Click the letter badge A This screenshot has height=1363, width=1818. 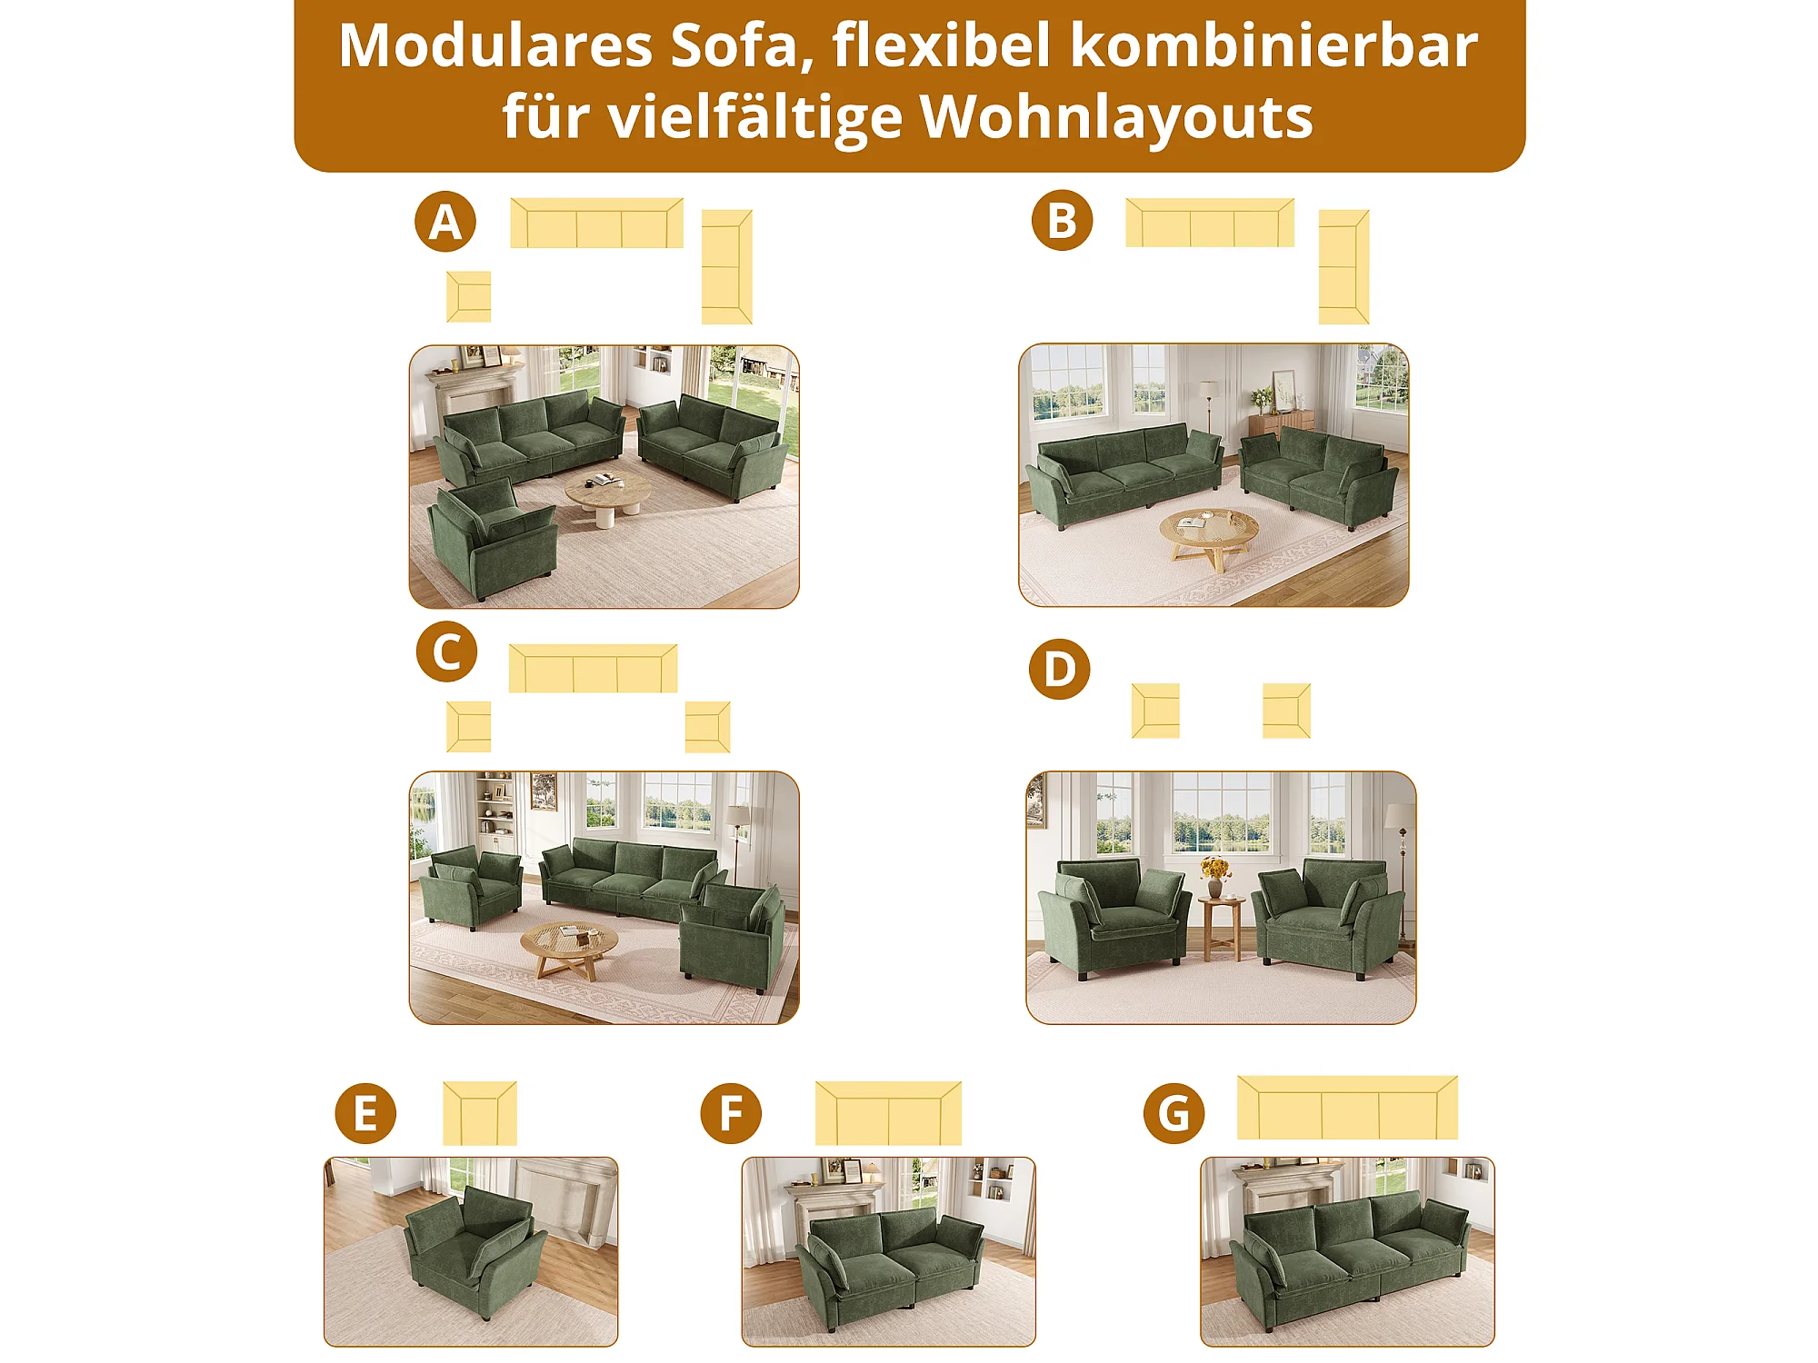coord(445,222)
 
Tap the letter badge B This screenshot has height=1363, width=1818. coord(1062,221)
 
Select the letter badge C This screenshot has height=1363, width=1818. coord(446,652)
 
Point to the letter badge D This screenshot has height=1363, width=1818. coord(1059,669)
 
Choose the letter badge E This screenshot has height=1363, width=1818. coord(365,1113)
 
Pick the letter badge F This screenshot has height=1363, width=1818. coord(731,1113)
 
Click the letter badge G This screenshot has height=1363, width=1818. coord(1174,1113)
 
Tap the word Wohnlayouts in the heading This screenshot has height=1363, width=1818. coord(1116,119)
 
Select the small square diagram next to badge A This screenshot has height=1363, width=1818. coord(469,296)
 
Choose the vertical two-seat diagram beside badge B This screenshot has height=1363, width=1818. coord(1344,267)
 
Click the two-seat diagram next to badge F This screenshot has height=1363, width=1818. coord(888,1113)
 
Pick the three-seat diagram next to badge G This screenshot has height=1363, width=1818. coord(1347,1108)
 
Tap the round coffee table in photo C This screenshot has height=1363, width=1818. coord(569,950)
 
